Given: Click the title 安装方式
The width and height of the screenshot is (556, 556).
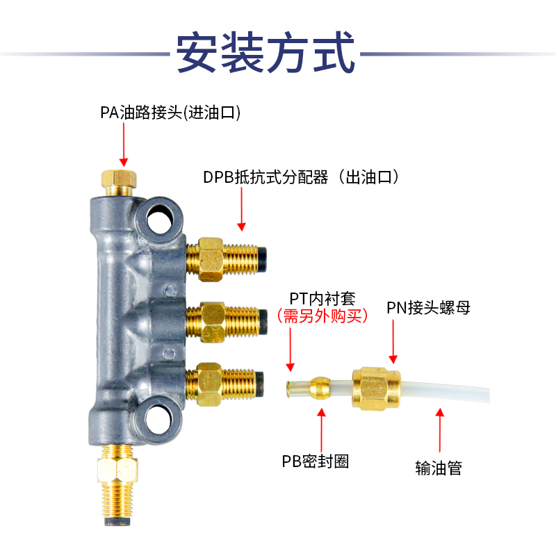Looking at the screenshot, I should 266,52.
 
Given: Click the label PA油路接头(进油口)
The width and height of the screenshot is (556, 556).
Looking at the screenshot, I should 170,112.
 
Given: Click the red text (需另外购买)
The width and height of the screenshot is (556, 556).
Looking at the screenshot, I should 322,316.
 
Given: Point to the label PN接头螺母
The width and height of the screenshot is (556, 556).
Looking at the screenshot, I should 429,306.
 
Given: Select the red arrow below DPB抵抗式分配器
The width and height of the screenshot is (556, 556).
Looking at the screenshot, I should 241,208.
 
